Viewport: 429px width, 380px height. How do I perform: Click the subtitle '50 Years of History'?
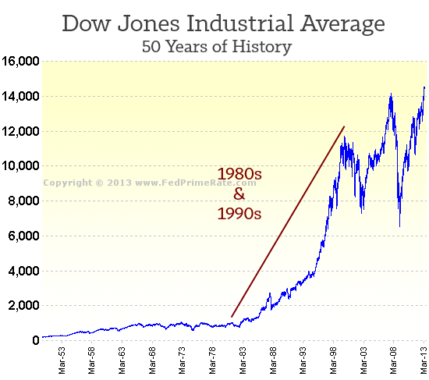[x=216, y=46]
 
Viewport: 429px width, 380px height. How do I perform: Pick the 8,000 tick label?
[x=23, y=201]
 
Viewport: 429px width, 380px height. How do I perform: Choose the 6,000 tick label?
[x=23, y=236]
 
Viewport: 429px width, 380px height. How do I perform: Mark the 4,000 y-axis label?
[x=23, y=271]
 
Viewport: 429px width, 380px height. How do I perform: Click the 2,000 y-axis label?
[x=23, y=305]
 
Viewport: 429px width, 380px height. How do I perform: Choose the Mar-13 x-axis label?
[x=422, y=360]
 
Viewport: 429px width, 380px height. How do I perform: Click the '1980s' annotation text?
[x=239, y=173]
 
